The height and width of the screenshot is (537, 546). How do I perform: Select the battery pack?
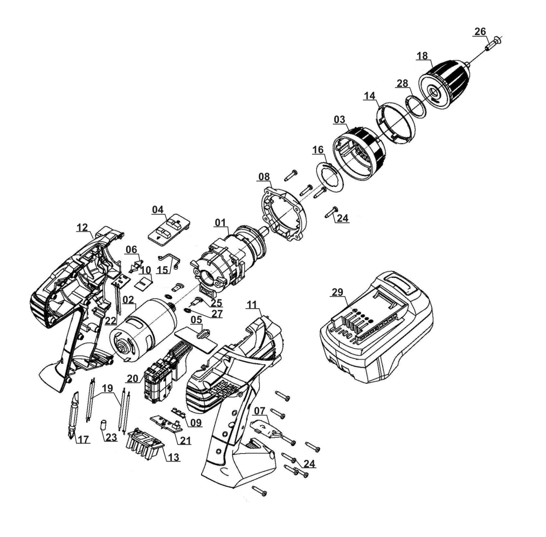(377, 329)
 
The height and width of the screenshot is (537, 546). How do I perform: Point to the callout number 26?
(480, 33)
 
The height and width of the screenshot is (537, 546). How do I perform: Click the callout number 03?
(340, 118)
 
